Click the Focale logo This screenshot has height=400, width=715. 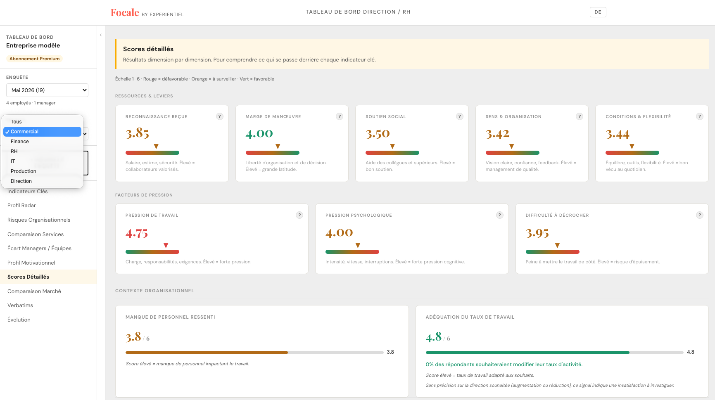pos(125,13)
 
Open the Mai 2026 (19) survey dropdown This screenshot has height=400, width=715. pos(47,90)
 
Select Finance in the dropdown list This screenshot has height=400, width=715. pos(20,142)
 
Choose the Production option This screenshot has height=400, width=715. pos(24,171)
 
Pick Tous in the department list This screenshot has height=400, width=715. pos(17,122)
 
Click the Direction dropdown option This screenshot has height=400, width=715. pos(21,181)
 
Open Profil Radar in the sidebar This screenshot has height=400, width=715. pos(21,206)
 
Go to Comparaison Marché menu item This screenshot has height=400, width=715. pos(34,291)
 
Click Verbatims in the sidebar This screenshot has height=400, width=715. pos(20,305)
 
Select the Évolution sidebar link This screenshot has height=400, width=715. pos(19,320)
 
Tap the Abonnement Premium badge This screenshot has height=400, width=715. pos(34,59)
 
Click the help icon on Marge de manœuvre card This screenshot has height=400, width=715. pos(340,116)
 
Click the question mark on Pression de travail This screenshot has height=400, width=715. pos(299,215)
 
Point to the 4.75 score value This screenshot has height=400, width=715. pos(137,234)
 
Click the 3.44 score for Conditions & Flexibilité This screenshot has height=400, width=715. pos(618,134)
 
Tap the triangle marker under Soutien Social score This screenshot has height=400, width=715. pos(392,147)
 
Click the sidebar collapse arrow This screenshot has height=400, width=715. pos(101,35)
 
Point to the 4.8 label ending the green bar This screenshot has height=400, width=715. pos(691,352)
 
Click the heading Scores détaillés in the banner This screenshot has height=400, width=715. pos(148,49)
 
